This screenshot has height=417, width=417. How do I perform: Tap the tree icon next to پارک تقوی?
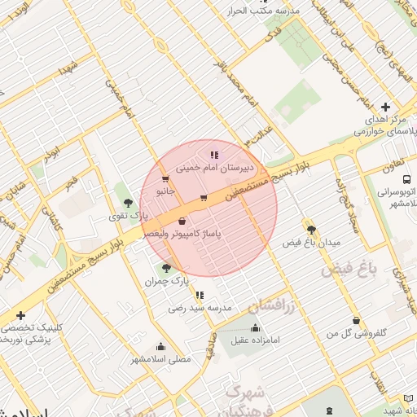127,201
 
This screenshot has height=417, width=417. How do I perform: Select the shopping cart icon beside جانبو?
166,179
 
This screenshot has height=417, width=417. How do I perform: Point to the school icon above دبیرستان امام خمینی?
214,154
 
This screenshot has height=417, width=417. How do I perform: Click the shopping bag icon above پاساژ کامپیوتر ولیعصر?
181,222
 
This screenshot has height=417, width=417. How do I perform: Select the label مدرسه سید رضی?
200,308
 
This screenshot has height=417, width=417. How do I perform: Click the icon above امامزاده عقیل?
255,327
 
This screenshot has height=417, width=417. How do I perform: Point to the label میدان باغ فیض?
309,243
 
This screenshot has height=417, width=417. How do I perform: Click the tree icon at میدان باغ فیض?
309,229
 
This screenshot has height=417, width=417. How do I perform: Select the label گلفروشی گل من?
356,333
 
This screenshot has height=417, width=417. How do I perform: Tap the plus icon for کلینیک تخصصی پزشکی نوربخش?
20,316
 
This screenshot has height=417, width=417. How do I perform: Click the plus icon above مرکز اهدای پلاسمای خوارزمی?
386,107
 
